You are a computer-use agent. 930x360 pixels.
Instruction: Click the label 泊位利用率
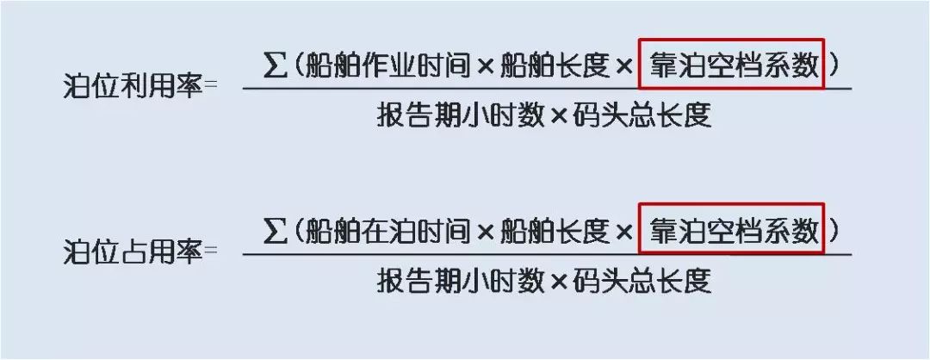[x=133, y=88]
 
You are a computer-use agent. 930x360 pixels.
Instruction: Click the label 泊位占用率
[x=133, y=252]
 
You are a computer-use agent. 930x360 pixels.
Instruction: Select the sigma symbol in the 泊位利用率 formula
[x=275, y=65]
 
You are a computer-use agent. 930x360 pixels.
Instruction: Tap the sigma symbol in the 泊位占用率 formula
[x=275, y=231]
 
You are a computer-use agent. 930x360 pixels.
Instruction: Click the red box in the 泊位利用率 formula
[x=731, y=64]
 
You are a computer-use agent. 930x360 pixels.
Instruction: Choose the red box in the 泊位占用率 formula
[x=731, y=229]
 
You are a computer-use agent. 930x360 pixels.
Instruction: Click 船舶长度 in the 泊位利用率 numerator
[x=555, y=66]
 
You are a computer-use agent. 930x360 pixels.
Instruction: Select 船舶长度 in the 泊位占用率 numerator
[x=555, y=232]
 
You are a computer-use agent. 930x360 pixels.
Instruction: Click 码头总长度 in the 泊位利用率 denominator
[x=642, y=115]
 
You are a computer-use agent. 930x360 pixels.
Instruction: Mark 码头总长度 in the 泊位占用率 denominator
[x=642, y=281]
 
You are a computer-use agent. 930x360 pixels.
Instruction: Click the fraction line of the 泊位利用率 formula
[x=547, y=89]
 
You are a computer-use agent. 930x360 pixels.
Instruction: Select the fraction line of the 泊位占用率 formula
[x=547, y=254]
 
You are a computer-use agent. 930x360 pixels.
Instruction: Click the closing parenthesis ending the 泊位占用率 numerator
[x=835, y=232]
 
